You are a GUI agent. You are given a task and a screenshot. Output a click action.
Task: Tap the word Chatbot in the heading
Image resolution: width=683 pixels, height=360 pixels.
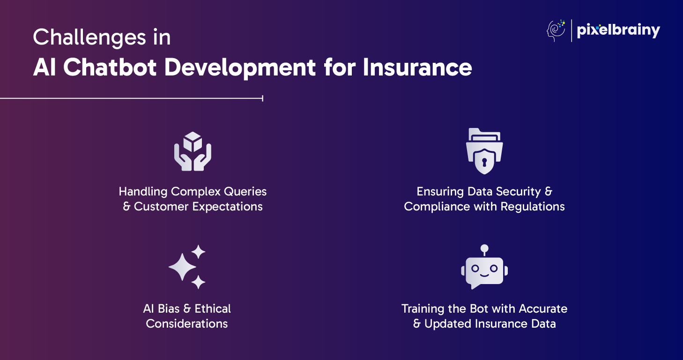coord(110,67)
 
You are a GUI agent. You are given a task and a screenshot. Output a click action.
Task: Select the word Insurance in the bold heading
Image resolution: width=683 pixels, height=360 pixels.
coord(417,67)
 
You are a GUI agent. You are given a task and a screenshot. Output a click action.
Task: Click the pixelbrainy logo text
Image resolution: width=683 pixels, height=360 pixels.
coord(618,30)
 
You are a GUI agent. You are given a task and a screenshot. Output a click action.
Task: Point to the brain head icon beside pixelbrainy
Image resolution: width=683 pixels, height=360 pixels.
coord(556,30)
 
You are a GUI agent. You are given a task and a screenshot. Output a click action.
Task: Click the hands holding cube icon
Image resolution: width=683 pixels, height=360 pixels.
coord(193,151)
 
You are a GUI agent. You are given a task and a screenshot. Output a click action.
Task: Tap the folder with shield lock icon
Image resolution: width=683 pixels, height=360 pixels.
coord(484,151)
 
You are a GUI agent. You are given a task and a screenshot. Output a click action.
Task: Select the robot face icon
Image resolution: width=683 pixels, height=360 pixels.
coord(484,267)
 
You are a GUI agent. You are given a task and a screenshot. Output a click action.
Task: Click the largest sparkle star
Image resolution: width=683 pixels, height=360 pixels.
coord(182,267)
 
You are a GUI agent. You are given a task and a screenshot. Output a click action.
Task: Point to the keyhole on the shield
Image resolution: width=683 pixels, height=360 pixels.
coord(484,162)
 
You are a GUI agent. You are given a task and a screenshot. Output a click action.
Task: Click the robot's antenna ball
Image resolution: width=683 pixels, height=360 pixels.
coord(484,248)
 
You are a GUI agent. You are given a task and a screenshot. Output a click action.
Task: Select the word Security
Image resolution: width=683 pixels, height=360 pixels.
coord(519,192)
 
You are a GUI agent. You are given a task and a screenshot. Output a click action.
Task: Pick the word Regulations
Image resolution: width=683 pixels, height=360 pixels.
coord(532,207)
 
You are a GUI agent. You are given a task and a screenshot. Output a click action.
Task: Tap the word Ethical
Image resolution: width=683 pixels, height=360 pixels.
coord(213,309)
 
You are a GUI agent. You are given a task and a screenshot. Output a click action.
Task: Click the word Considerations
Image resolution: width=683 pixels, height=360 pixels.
coord(186,324)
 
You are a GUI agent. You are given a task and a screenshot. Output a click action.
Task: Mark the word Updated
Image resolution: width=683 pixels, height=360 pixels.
coord(448,324)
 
